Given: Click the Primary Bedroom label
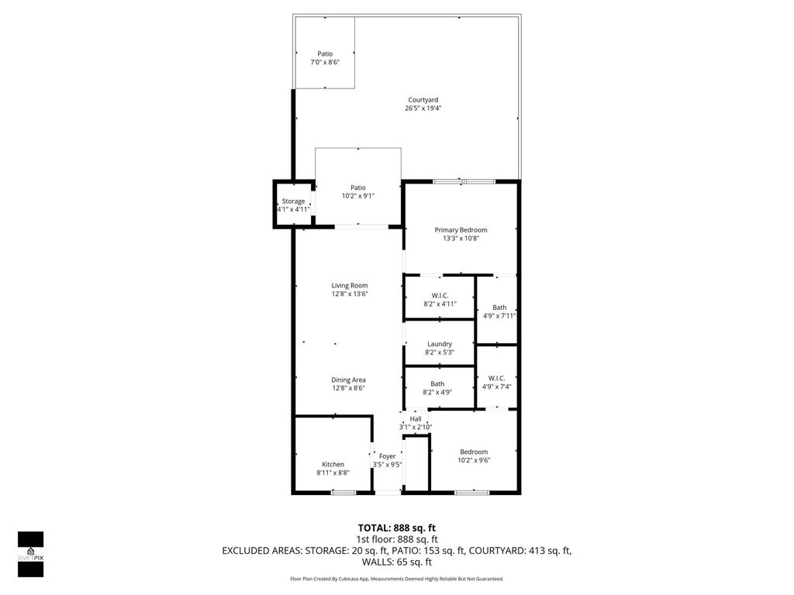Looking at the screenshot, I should click(x=461, y=229).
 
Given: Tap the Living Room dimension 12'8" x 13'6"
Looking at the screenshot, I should click(x=349, y=294).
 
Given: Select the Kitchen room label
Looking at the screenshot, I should click(x=333, y=464).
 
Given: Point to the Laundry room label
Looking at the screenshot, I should click(x=439, y=344).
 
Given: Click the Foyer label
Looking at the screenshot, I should click(x=387, y=456).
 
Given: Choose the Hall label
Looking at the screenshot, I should click(x=416, y=419).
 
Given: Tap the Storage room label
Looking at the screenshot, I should click(x=293, y=201).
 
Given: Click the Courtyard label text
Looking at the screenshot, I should click(x=423, y=99).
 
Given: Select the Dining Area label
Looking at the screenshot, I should click(x=348, y=380).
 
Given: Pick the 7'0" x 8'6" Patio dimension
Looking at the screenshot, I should click(x=324, y=62).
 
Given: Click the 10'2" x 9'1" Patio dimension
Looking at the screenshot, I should click(x=357, y=196).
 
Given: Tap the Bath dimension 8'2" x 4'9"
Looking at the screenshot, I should click(x=437, y=392).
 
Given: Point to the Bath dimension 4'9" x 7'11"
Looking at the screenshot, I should click(x=499, y=315).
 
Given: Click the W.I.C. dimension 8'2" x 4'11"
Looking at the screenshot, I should click(x=440, y=304).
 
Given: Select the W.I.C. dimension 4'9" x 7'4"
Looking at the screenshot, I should click(x=496, y=387).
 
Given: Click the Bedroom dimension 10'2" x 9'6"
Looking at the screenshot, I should click(x=474, y=460).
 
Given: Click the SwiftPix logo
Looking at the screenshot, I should click(x=30, y=553).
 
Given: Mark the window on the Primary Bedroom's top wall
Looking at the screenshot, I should click(x=464, y=181).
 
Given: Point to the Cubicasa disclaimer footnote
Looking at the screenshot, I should click(x=396, y=579).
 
